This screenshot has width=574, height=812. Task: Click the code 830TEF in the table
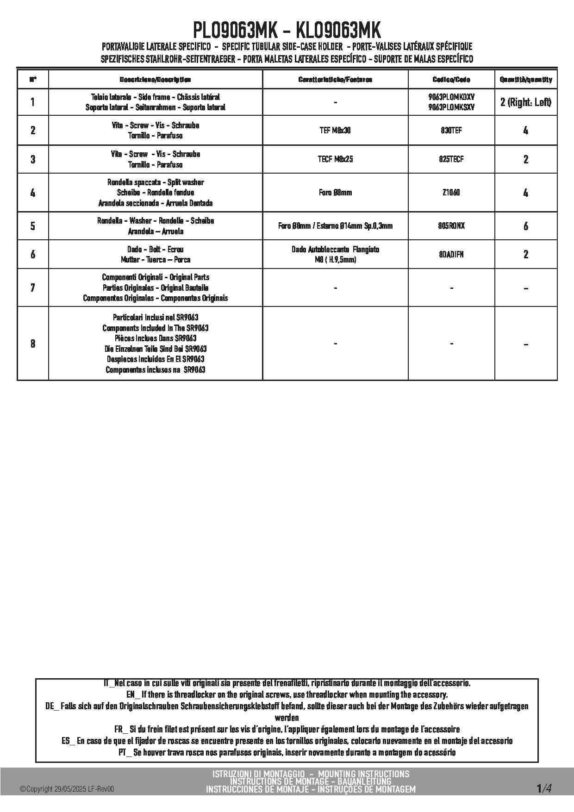click(451, 131)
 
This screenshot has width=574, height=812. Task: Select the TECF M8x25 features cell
click(335, 159)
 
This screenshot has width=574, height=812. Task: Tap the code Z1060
click(451, 193)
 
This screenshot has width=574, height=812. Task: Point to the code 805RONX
click(451, 226)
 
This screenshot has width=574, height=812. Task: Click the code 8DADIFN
click(451, 254)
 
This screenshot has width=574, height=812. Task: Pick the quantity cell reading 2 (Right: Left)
click(525, 102)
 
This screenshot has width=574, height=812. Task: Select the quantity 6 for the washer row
click(525, 226)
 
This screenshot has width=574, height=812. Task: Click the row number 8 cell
click(32, 344)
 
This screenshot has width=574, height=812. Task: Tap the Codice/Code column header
click(451, 80)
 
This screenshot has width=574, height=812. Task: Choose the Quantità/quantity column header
click(525, 80)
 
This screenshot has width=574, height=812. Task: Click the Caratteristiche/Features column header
click(335, 80)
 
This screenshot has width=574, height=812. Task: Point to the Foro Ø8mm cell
click(335, 193)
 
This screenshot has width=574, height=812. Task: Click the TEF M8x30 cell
click(335, 131)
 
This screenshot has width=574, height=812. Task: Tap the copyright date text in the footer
click(67, 789)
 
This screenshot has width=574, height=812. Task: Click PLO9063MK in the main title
click(235, 31)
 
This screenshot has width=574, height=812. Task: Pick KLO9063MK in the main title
click(338, 31)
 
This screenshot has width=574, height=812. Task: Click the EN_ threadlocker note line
click(287, 694)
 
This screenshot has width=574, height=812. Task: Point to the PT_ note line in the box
click(287, 752)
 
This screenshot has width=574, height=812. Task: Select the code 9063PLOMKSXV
click(451, 107)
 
